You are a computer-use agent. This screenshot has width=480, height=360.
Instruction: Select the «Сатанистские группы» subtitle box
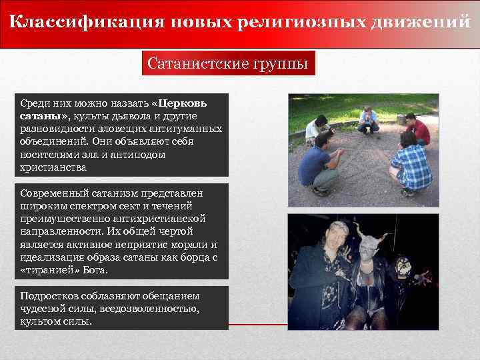pyautogui.click(x=228, y=65)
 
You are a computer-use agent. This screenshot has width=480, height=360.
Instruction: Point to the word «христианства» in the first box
pyautogui.click(x=53, y=166)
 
